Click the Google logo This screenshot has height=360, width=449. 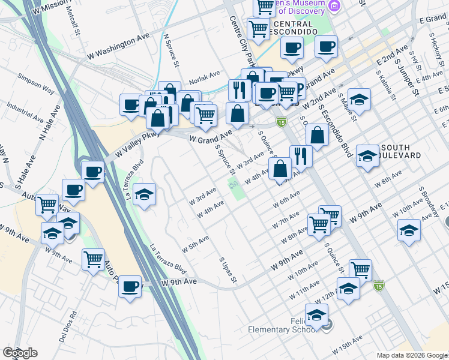tap(20, 353)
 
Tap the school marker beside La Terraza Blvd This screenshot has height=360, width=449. tap(144, 194)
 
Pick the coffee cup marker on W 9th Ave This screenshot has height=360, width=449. tap(130, 286)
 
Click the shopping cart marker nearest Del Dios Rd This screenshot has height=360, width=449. tap(94, 259)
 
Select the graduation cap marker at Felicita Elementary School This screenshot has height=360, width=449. tap(316, 313)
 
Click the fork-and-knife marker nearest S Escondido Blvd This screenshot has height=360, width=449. tap(301, 156)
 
